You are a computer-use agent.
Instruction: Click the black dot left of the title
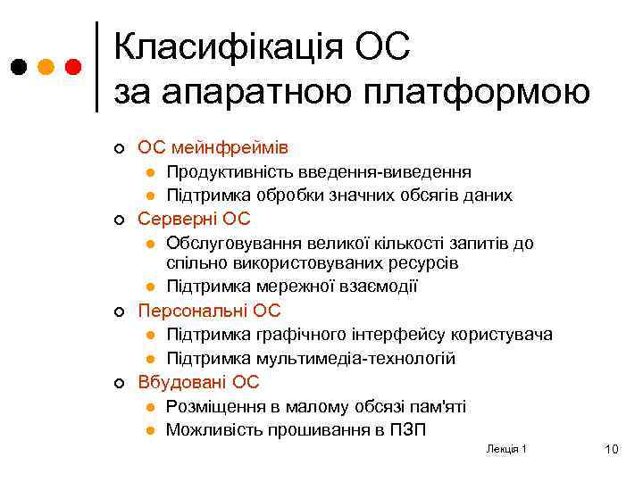19,67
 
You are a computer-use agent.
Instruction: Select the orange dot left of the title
46,67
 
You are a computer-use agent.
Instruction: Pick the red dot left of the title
73,67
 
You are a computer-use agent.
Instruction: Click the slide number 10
611,449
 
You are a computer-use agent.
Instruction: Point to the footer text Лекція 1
506,448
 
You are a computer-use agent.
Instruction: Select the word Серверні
181,219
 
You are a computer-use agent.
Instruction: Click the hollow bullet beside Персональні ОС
118,312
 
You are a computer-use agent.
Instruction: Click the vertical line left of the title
96,67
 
